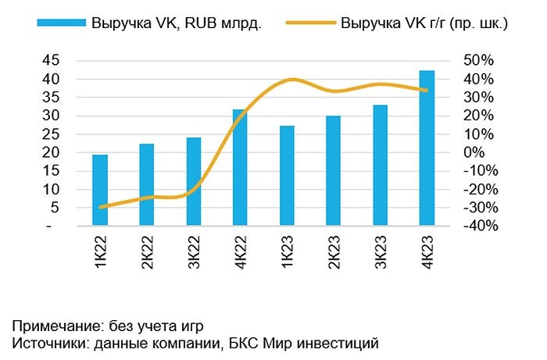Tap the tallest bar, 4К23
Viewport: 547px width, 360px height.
click(427, 148)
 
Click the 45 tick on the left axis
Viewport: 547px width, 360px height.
click(51, 61)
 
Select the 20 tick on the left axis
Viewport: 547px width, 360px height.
click(51, 152)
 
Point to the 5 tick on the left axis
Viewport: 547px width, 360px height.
click(55, 207)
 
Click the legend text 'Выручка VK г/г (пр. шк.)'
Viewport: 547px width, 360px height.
click(424, 23)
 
